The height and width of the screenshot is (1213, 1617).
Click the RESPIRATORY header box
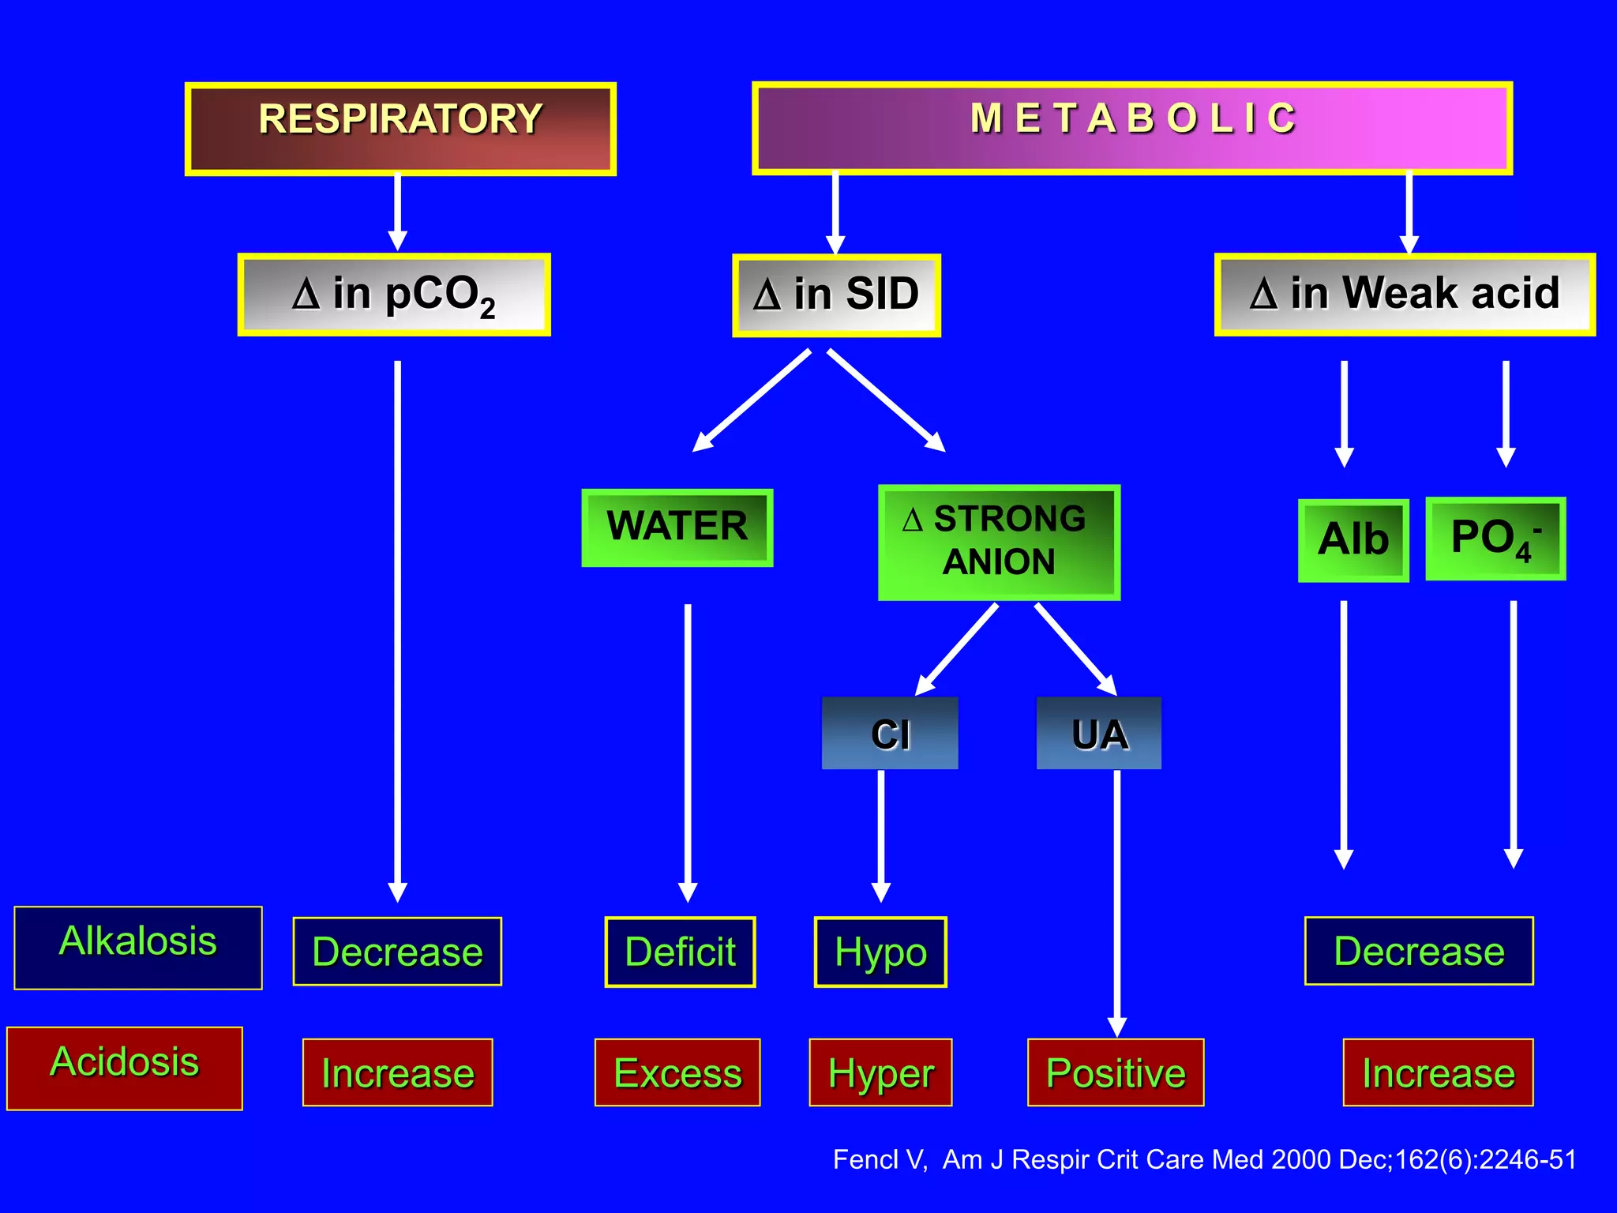point(400,129)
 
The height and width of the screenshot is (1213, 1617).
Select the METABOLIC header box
point(1131,128)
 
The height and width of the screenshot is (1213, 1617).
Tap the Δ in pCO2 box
point(394,295)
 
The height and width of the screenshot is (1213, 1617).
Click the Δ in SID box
point(836,295)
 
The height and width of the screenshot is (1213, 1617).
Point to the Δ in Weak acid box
point(1405,295)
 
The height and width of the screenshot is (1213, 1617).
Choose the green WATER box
point(677,527)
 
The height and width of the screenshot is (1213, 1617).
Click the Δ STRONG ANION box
point(999,542)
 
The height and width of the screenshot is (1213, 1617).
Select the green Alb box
point(1353,540)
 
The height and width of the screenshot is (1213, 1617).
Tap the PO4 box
point(1495,539)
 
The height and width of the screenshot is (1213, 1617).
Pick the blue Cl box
point(890,733)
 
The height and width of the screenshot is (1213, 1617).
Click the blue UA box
point(1098,733)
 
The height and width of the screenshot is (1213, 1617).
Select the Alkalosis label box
point(138,947)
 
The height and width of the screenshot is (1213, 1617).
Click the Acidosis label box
point(125,1068)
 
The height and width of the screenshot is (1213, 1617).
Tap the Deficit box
point(680,952)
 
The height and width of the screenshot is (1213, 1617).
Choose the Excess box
point(677,1072)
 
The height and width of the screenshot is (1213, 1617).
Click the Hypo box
point(880,952)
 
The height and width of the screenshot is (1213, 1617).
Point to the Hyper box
point(880,1072)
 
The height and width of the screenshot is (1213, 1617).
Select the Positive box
point(1116,1072)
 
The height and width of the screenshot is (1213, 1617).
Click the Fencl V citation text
point(1204,1159)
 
